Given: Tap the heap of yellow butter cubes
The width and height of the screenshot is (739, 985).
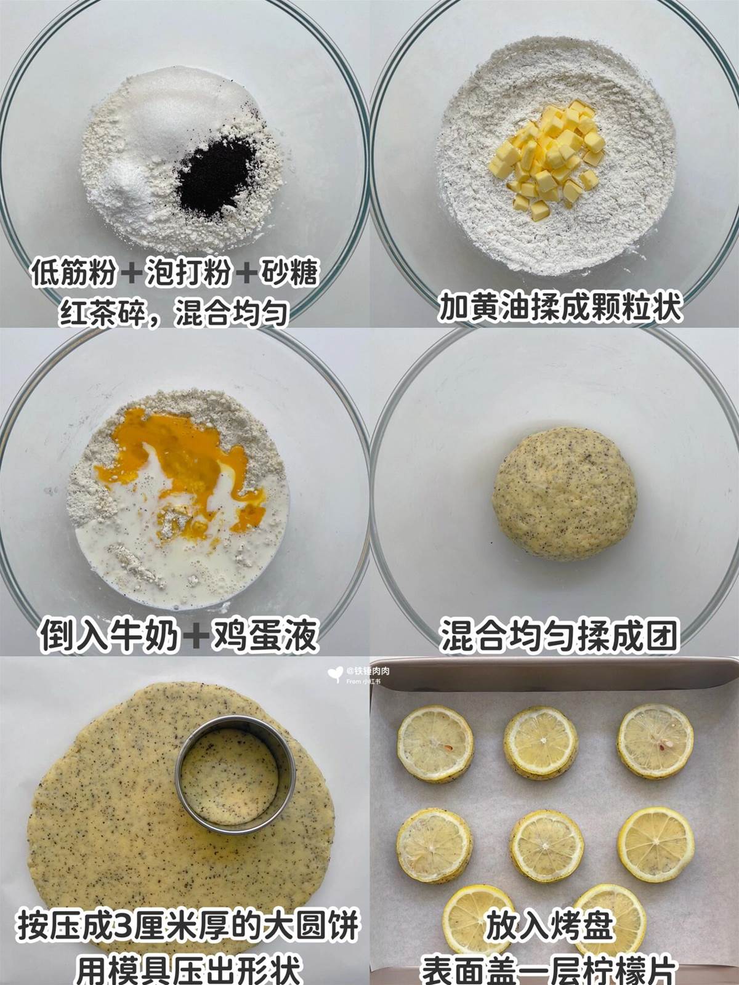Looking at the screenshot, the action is coord(547,159).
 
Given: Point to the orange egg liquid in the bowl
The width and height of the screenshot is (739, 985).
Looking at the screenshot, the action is coord(179,467).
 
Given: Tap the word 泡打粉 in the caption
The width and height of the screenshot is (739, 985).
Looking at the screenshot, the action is coord(189,272).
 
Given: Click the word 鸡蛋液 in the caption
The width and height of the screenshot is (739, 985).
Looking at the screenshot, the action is coord(265,635).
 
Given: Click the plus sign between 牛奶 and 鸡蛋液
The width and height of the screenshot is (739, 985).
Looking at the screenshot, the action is coord(196,636).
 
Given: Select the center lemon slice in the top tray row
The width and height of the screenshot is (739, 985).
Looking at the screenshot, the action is coord(540,742).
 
